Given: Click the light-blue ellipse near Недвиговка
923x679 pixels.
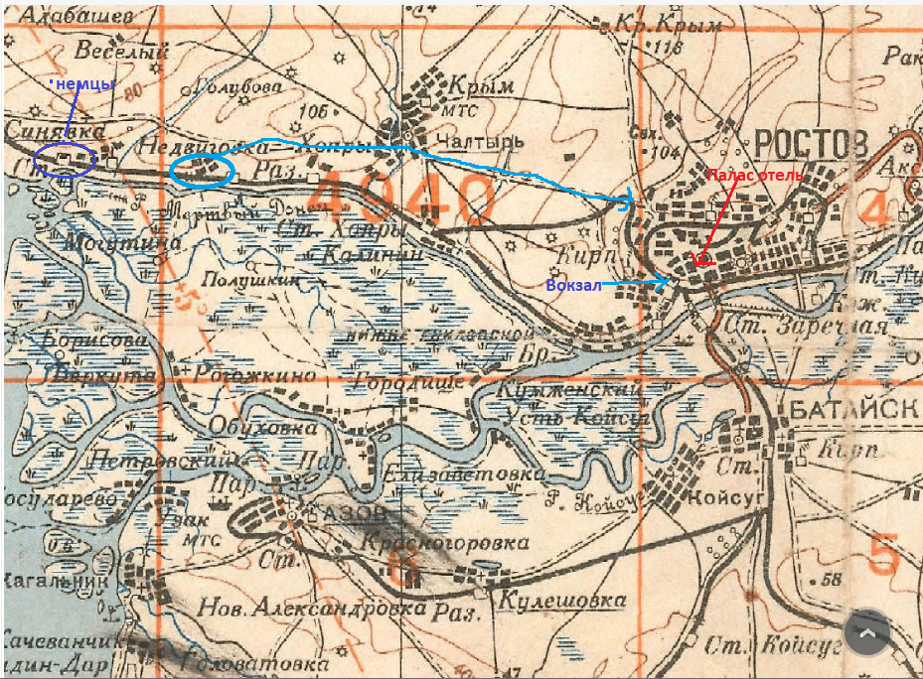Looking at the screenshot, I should click(x=202, y=172).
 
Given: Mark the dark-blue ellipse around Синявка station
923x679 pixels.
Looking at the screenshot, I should click(x=64, y=160).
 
